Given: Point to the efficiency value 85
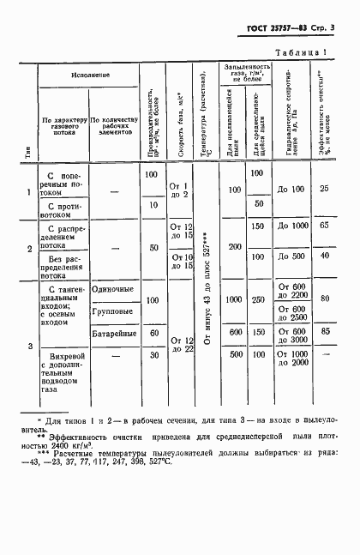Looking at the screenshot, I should coord(325,330).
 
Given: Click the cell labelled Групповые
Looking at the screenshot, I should coord(112,312).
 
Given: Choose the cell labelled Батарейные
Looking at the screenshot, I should coord(112,332).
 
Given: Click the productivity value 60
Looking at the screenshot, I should coord(153,332).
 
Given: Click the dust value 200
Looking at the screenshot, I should coord(231,246).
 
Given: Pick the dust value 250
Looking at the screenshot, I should coord(259,299).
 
